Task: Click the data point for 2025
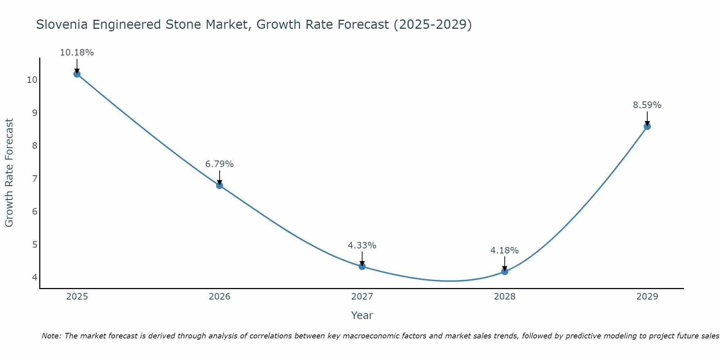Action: tap(77, 74)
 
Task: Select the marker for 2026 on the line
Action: tap(219, 185)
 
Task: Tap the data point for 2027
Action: tap(362, 266)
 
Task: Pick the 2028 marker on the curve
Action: tap(504, 271)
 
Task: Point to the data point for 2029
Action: tap(647, 126)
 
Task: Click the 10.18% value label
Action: tap(77, 53)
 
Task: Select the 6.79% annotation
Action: tap(219, 164)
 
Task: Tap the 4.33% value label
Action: tap(362, 246)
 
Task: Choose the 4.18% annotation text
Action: tap(504, 251)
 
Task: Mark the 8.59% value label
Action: tap(647, 105)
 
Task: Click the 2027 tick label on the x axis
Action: tap(362, 297)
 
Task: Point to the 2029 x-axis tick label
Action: tap(647, 297)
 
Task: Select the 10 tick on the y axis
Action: tap(32, 80)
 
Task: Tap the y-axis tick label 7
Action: tap(35, 179)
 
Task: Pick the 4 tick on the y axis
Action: tap(35, 278)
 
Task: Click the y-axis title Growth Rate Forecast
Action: tap(9, 173)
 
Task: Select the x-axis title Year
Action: tap(362, 315)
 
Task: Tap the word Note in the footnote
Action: tap(51, 336)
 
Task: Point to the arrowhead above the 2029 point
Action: tap(647, 123)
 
